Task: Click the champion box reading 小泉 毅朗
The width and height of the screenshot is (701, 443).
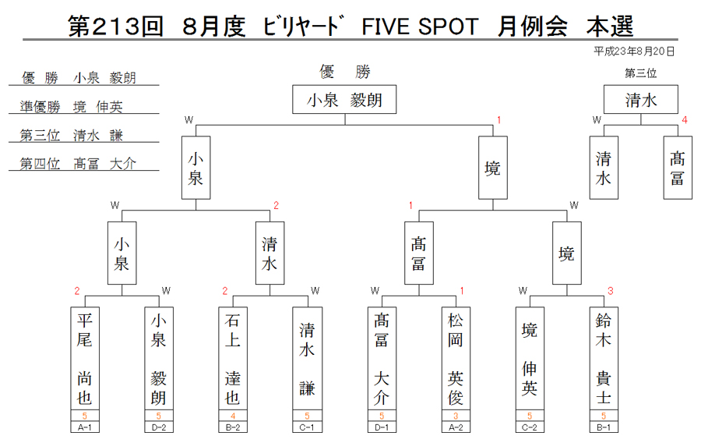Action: click(344, 99)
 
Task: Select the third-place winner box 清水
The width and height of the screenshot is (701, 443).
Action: click(641, 99)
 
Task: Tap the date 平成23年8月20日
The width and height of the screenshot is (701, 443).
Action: click(634, 51)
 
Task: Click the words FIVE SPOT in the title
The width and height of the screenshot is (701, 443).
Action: click(420, 27)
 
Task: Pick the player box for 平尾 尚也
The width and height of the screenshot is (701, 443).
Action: click(85, 358)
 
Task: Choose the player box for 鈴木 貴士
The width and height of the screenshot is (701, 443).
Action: click(604, 358)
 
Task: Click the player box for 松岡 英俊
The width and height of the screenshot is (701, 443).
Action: click(456, 358)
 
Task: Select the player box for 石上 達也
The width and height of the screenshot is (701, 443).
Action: click(232, 358)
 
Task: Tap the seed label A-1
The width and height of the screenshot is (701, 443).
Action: click(85, 427)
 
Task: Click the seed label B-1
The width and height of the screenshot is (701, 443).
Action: click(604, 427)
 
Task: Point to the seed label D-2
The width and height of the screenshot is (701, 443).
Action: click(159, 427)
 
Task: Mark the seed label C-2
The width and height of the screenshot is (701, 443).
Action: click(530, 427)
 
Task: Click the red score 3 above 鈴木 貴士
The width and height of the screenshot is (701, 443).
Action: click(610, 291)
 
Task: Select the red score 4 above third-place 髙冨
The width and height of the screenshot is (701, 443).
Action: click(685, 120)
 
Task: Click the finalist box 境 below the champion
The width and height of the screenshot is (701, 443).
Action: click(493, 168)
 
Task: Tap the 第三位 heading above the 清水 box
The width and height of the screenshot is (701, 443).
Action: click(641, 73)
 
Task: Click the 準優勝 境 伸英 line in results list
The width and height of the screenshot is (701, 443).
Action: click(72, 107)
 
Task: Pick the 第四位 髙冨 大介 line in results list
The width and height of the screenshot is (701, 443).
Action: click(78, 163)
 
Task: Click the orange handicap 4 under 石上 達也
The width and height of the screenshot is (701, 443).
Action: click(232, 416)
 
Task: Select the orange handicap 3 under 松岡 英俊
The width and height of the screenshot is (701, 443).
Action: click(456, 416)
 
